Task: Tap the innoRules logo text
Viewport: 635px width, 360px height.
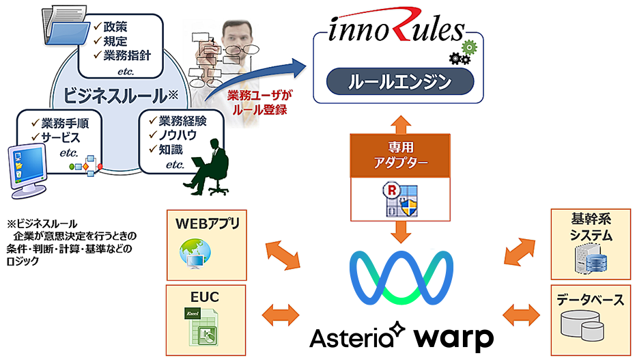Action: pyautogui.click(x=393, y=31)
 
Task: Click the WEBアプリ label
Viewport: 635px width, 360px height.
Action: pyautogui.click(x=206, y=223)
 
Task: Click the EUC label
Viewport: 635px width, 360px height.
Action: pyautogui.click(x=206, y=296)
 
